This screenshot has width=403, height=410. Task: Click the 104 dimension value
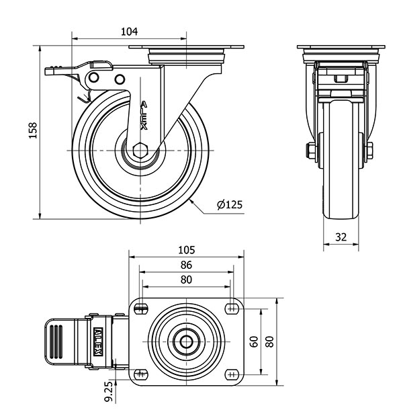click(129, 31)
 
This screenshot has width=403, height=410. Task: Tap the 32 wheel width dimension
click(341, 236)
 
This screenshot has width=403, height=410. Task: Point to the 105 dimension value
click(186, 250)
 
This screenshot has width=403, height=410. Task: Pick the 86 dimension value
click(186, 265)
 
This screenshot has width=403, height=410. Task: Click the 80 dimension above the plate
click(186, 280)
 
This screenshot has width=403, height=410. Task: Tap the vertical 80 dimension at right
click(269, 341)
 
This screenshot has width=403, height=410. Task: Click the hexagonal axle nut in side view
click(140, 151)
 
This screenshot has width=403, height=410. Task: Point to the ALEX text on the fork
click(143, 116)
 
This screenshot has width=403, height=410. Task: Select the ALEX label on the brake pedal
click(97, 341)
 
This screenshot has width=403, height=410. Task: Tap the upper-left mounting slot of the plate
click(140, 309)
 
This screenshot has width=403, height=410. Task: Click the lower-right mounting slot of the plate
click(232, 374)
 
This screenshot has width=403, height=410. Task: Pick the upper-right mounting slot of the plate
click(232, 309)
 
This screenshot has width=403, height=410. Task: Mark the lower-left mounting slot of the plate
click(140, 374)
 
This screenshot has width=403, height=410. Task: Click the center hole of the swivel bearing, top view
click(186, 341)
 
